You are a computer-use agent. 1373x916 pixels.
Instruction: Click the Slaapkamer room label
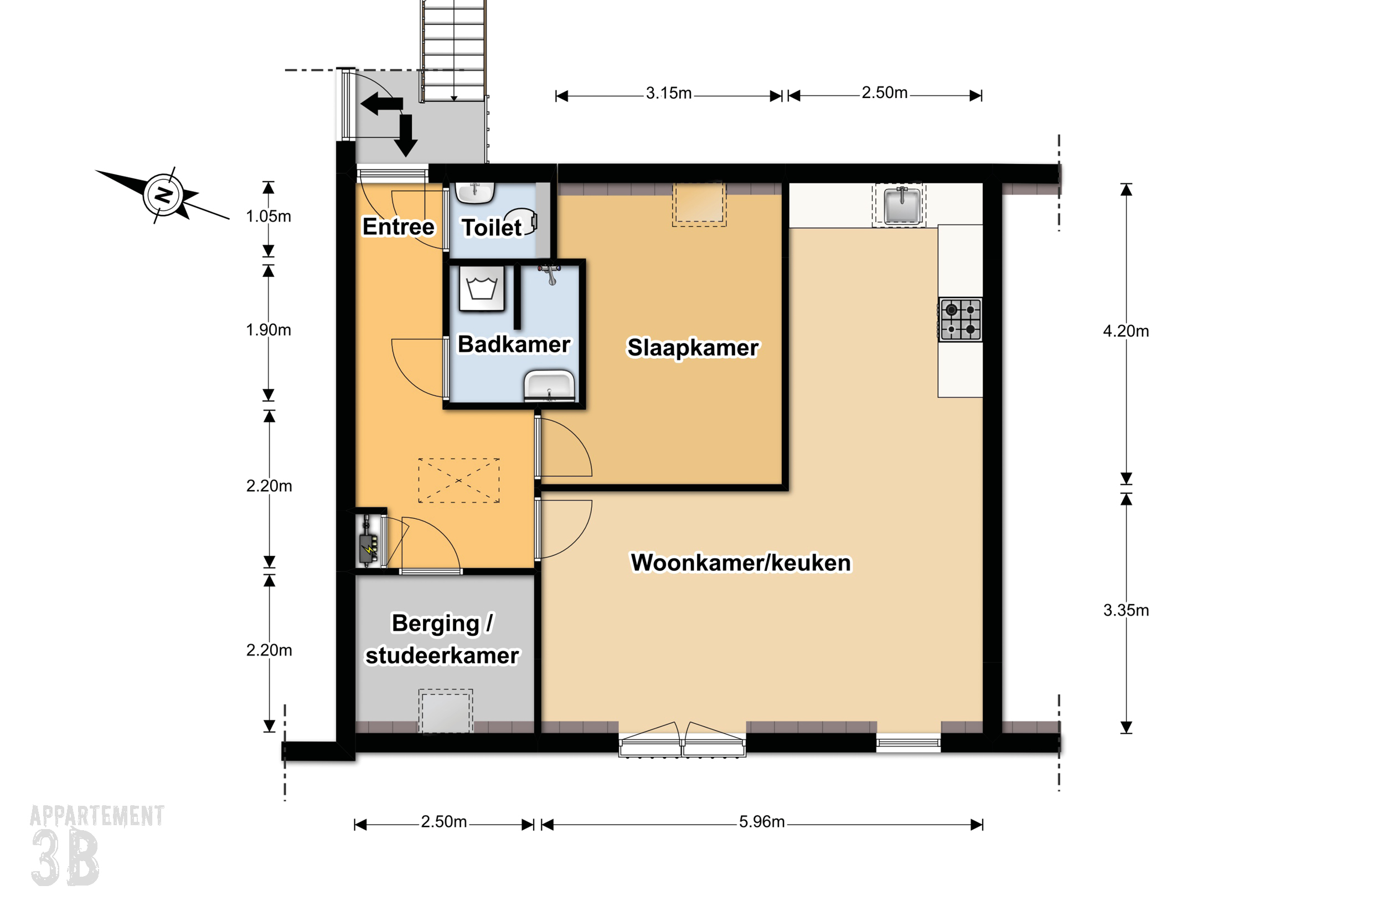(x=693, y=348)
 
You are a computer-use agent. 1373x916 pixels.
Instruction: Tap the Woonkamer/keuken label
(x=741, y=563)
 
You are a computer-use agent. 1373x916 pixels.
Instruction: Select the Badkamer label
(x=514, y=344)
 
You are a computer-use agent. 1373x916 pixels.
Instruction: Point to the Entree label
(x=398, y=227)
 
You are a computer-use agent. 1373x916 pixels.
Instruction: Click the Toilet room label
(x=492, y=228)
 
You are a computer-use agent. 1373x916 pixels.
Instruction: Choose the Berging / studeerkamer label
(x=442, y=639)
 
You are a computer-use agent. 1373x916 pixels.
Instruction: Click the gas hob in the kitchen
(x=960, y=320)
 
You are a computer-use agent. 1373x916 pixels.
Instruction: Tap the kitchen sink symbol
(x=902, y=205)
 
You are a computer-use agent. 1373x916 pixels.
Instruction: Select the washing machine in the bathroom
(x=481, y=289)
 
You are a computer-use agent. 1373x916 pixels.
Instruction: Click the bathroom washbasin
(x=549, y=386)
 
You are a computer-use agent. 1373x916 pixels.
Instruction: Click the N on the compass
(x=164, y=194)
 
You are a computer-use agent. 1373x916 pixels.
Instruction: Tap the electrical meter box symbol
(x=369, y=541)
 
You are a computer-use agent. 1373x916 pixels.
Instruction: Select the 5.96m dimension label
(x=762, y=822)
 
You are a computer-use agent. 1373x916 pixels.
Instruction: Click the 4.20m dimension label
(x=1126, y=331)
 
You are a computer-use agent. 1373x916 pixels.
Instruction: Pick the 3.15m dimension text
(x=668, y=94)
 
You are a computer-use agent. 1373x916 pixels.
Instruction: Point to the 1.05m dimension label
(x=268, y=216)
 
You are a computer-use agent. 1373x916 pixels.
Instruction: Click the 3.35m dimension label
(x=1126, y=610)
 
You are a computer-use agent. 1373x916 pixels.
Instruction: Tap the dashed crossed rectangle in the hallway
(x=458, y=481)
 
